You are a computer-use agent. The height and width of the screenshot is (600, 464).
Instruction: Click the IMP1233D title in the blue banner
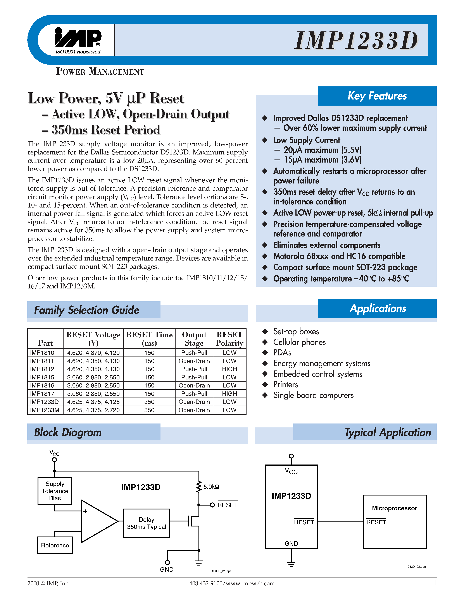click(x=356, y=40)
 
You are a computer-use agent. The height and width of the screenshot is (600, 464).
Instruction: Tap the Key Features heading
click(x=377, y=96)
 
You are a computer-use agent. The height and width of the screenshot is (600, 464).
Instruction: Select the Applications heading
click(x=378, y=308)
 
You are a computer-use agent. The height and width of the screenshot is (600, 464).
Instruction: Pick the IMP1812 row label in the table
click(x=42, y=369)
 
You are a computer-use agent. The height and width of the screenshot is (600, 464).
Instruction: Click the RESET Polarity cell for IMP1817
click(x=229, y=394)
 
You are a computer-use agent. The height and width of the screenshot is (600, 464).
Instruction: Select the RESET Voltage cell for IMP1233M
click(x=93, y=410)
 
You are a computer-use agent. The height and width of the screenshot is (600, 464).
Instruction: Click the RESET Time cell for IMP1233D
click(x=149, y=402)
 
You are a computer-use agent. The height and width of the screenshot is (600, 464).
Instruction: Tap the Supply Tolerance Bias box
click(x=55, y=491)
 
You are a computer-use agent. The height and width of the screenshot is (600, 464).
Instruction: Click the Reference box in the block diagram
click(x=55, y=545)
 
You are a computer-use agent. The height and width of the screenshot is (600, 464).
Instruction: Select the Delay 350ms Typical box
click(x=147, y=523)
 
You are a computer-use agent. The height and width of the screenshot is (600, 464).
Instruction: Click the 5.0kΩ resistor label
click(x=211, y=487)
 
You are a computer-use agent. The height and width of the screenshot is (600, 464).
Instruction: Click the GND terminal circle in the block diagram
click(x=167, y=562)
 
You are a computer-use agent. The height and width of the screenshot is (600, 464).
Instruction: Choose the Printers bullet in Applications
click(x=286, y=384)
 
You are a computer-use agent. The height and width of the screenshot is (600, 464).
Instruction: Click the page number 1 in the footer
click(x=435, y=583)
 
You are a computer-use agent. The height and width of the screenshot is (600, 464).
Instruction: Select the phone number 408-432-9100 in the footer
click(x=206, y=583)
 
